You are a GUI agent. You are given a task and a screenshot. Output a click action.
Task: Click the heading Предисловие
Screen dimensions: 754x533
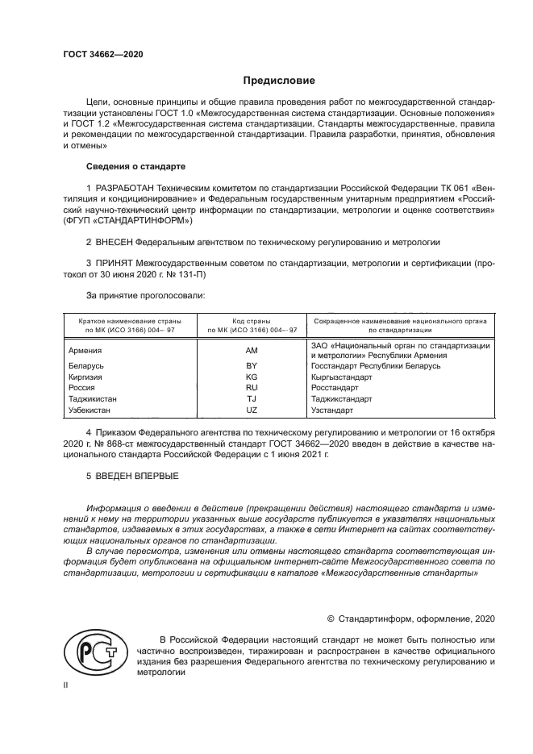pos(279,81)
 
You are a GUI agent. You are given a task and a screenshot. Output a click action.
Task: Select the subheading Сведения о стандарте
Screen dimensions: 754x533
pos(135,166)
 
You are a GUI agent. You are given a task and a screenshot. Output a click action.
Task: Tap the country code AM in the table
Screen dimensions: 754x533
pos(252,351)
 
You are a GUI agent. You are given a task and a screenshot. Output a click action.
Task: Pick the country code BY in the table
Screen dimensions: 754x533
pos(252,366)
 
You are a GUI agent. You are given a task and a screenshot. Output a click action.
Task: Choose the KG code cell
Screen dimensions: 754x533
pos(252,377)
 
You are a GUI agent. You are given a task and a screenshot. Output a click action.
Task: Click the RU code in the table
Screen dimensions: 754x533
pos(252,388)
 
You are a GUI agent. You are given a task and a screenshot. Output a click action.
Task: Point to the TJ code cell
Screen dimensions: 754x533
pos(252,399)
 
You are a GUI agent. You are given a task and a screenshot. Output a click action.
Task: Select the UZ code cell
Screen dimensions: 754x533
pos(252,410)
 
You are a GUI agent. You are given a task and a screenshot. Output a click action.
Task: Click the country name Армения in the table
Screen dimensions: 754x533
pos(85,351)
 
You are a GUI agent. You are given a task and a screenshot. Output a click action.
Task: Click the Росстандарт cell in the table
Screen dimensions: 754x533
pos(335,388)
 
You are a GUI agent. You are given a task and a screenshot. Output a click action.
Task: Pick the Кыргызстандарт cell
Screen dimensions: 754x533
pos(342,377)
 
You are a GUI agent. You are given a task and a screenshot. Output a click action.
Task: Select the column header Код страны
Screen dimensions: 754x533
pos(252,321)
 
